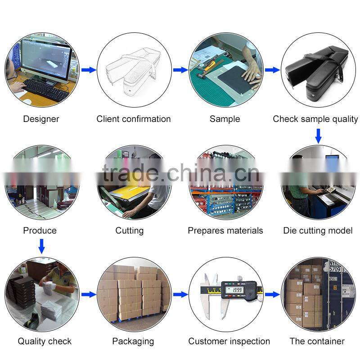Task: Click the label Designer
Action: click(x=41, y=119)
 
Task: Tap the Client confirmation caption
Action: click(x=134, y=119)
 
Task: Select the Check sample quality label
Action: click(x=315, y=119)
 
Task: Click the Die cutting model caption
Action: click(x=318, y=230)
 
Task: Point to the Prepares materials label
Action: click(x=225, y=230)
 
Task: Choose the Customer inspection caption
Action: click(x=229, y=341)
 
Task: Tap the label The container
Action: click(x=317, y=341)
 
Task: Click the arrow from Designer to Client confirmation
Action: click(x=89, y=70)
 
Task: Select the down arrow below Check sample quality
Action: click(x=318, y=135)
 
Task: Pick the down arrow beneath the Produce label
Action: click(x=41, y=246)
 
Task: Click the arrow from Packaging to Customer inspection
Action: click(x=180, y=294)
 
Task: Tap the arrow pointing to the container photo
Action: click(x=272, y=294)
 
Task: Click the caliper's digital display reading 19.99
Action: click(x=234, y=290)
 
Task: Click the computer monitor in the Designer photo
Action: click(x=45, y=58)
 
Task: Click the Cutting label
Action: click(x=130, y=230)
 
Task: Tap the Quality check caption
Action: click(x=45, y=341)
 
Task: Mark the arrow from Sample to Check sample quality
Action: click(x=272, y=70)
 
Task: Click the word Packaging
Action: click(x=133, y=341)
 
